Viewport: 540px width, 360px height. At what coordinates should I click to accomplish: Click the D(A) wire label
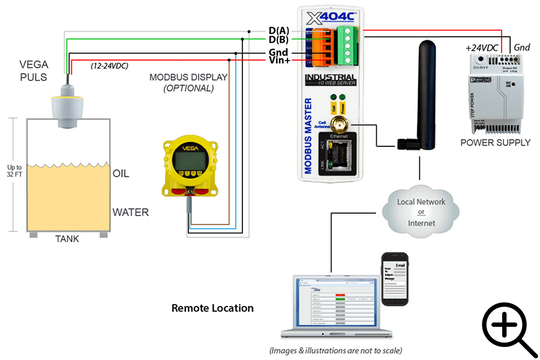280,31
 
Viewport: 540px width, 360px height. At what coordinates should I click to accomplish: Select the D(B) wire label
280,40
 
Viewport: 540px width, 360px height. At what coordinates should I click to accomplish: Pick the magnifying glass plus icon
509,329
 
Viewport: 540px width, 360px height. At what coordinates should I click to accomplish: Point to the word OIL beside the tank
121,174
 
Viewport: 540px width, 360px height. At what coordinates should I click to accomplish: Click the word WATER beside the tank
130,212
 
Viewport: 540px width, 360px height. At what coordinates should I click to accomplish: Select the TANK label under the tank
67,239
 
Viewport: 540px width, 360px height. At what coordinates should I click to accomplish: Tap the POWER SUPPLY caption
495,143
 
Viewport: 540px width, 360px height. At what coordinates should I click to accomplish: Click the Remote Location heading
212,308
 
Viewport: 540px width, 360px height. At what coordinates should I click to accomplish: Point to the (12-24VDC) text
109,65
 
